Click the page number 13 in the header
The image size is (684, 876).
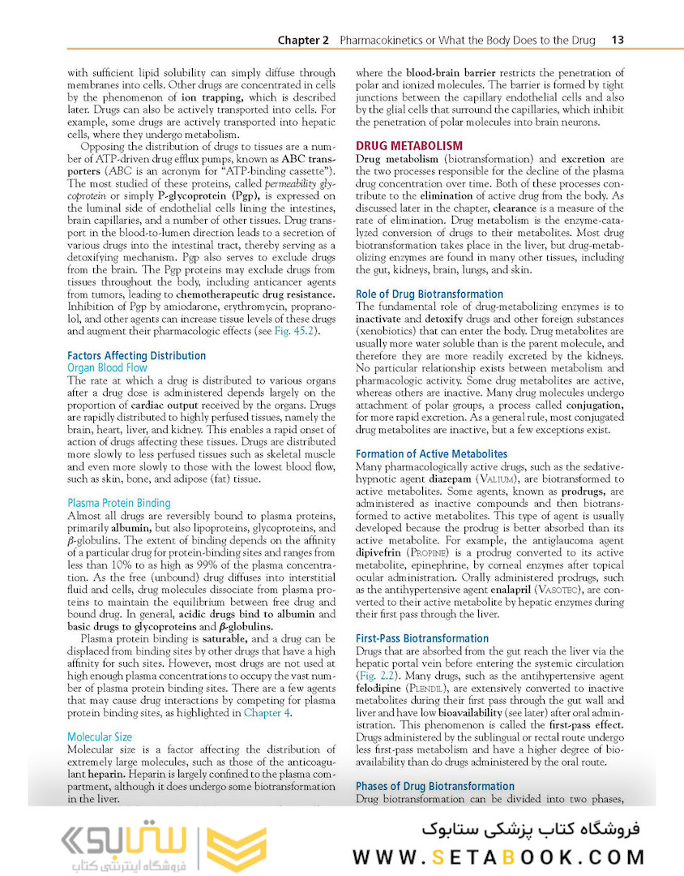[x=617, y=40]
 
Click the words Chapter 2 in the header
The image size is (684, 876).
[x=303, y=40]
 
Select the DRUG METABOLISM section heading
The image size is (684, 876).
[x=409, y=146]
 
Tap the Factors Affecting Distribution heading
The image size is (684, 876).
[x=136, y=355]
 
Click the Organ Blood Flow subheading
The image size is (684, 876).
[x=107, y=367]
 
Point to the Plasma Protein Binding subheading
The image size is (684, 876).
[x=118, y=503]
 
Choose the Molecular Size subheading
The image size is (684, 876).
[x=100, y=737]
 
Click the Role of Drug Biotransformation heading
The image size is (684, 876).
[x=430, y=294]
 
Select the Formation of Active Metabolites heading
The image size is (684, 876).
[x=431, y=454]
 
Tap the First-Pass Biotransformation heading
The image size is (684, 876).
[x=422, y=638]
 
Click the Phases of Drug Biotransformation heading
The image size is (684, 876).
[x=434, y=786]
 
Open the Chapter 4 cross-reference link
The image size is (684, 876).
[x=266, y=713]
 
